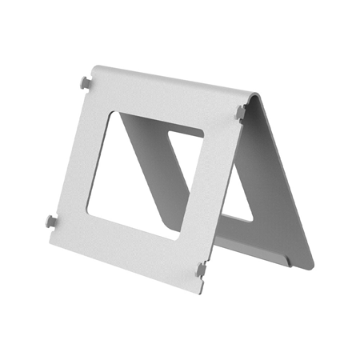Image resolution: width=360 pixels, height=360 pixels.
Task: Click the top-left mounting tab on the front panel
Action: [84, 82]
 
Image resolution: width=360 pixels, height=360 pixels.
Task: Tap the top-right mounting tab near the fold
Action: [240, 112]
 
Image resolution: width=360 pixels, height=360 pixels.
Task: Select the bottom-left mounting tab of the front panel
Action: [51, 220]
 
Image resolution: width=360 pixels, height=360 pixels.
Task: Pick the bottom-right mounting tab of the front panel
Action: [200, 270]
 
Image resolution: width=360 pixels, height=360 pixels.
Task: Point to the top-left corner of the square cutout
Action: [121, 111]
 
